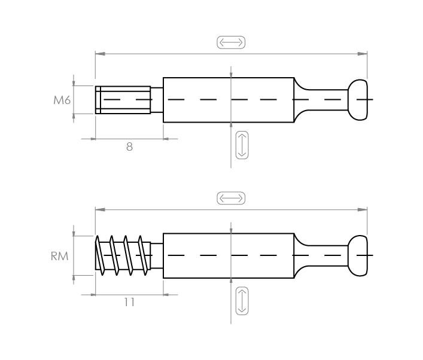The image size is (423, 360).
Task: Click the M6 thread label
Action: (x=62, y=100)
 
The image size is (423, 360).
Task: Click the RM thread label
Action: (x=59, y=256)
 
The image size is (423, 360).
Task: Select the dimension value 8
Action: (x=129, y=147)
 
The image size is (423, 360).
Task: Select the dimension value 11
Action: (x=129, y=302)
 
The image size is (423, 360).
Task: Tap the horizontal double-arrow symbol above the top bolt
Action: (x=231, y=42)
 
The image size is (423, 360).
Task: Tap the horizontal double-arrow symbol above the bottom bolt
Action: (x=231, y=198)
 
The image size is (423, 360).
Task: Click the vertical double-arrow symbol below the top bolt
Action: (x=242, y=145)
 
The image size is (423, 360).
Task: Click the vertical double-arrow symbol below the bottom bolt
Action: (x=242, y=301)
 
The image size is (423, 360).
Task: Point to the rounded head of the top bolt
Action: (x=358, y=100)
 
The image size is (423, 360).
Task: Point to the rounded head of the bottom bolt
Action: (x=358, y=255)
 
